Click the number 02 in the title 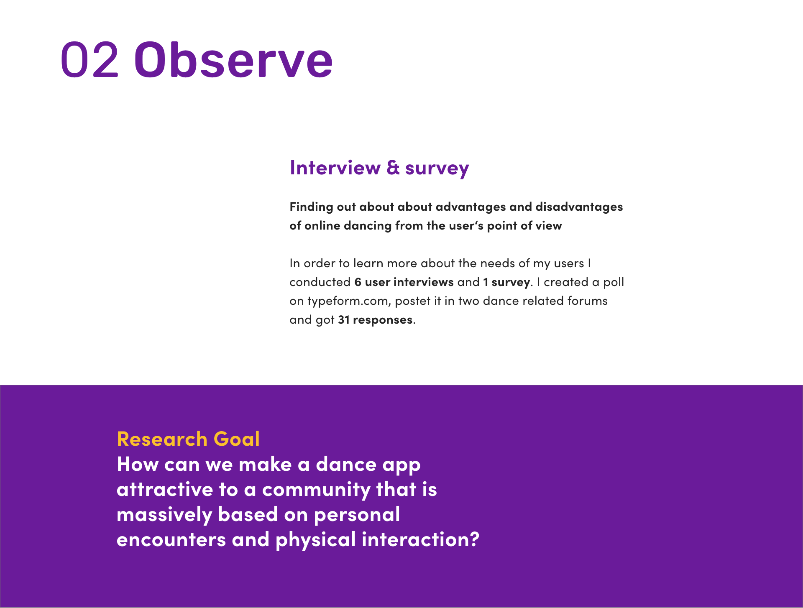90,59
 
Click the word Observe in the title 233,59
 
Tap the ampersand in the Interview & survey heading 393,167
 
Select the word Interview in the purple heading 335,167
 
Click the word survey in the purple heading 437,169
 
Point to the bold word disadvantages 579,207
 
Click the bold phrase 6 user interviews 404,282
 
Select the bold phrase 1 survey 506,283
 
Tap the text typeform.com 348,301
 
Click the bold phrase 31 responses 376,320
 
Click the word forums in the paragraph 587,301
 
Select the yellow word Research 162,439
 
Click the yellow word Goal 237,439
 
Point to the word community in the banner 316,490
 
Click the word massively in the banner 164,515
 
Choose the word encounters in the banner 171,539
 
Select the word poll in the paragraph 614,282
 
